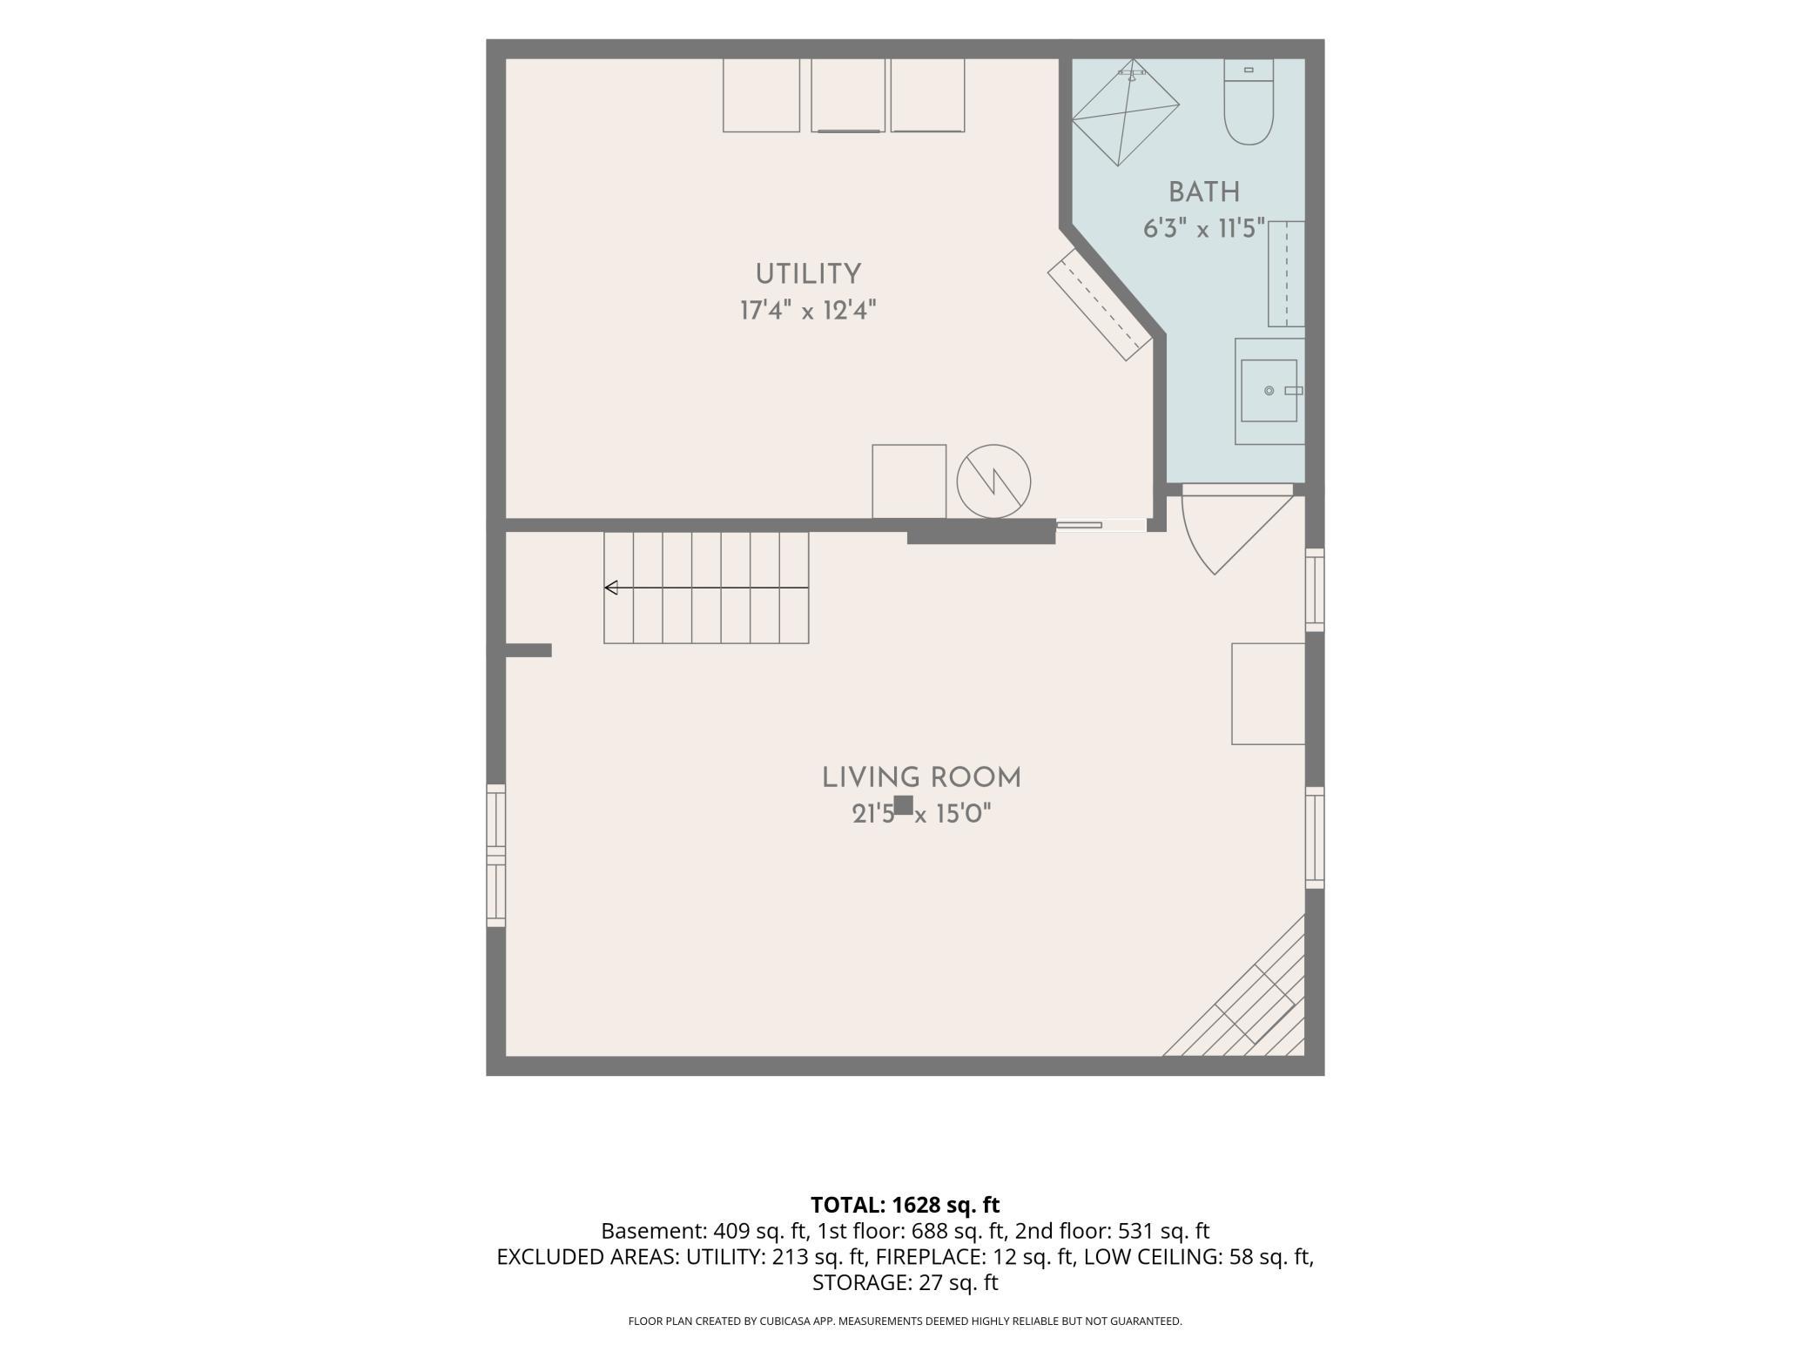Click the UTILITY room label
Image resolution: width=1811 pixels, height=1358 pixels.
pos(808,274)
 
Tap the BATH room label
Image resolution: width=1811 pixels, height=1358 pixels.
pos(1204,192)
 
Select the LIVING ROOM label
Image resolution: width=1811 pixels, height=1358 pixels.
pos(921,778)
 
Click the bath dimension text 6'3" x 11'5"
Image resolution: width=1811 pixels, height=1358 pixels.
pos(1204,229)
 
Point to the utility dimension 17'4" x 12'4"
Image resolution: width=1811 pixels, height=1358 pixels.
pos(808,311)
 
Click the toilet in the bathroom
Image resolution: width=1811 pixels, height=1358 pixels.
pos(1249,101)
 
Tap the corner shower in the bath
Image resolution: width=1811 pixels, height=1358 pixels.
pos(1125,112)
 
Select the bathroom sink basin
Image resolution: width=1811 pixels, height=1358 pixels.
pos(1269,391)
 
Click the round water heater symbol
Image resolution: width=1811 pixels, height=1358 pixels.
pos(993,481)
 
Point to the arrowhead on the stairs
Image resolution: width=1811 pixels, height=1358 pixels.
pos(611,588)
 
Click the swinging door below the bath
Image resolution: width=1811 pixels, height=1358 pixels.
pos(1236,531)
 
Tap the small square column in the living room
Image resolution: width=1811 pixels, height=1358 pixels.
pos(904,805)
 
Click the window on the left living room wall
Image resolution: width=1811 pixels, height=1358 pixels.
pos(495,855)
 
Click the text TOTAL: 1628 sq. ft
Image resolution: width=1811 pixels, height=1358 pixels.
pos(905,1205)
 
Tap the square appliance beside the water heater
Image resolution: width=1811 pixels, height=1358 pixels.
pos(909,481)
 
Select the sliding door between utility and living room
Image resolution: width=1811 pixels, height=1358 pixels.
pos(1101,525)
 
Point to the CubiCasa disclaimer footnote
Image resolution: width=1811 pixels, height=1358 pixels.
pos(905,1321)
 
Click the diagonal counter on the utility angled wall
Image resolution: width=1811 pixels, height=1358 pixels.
pos(1100,304)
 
